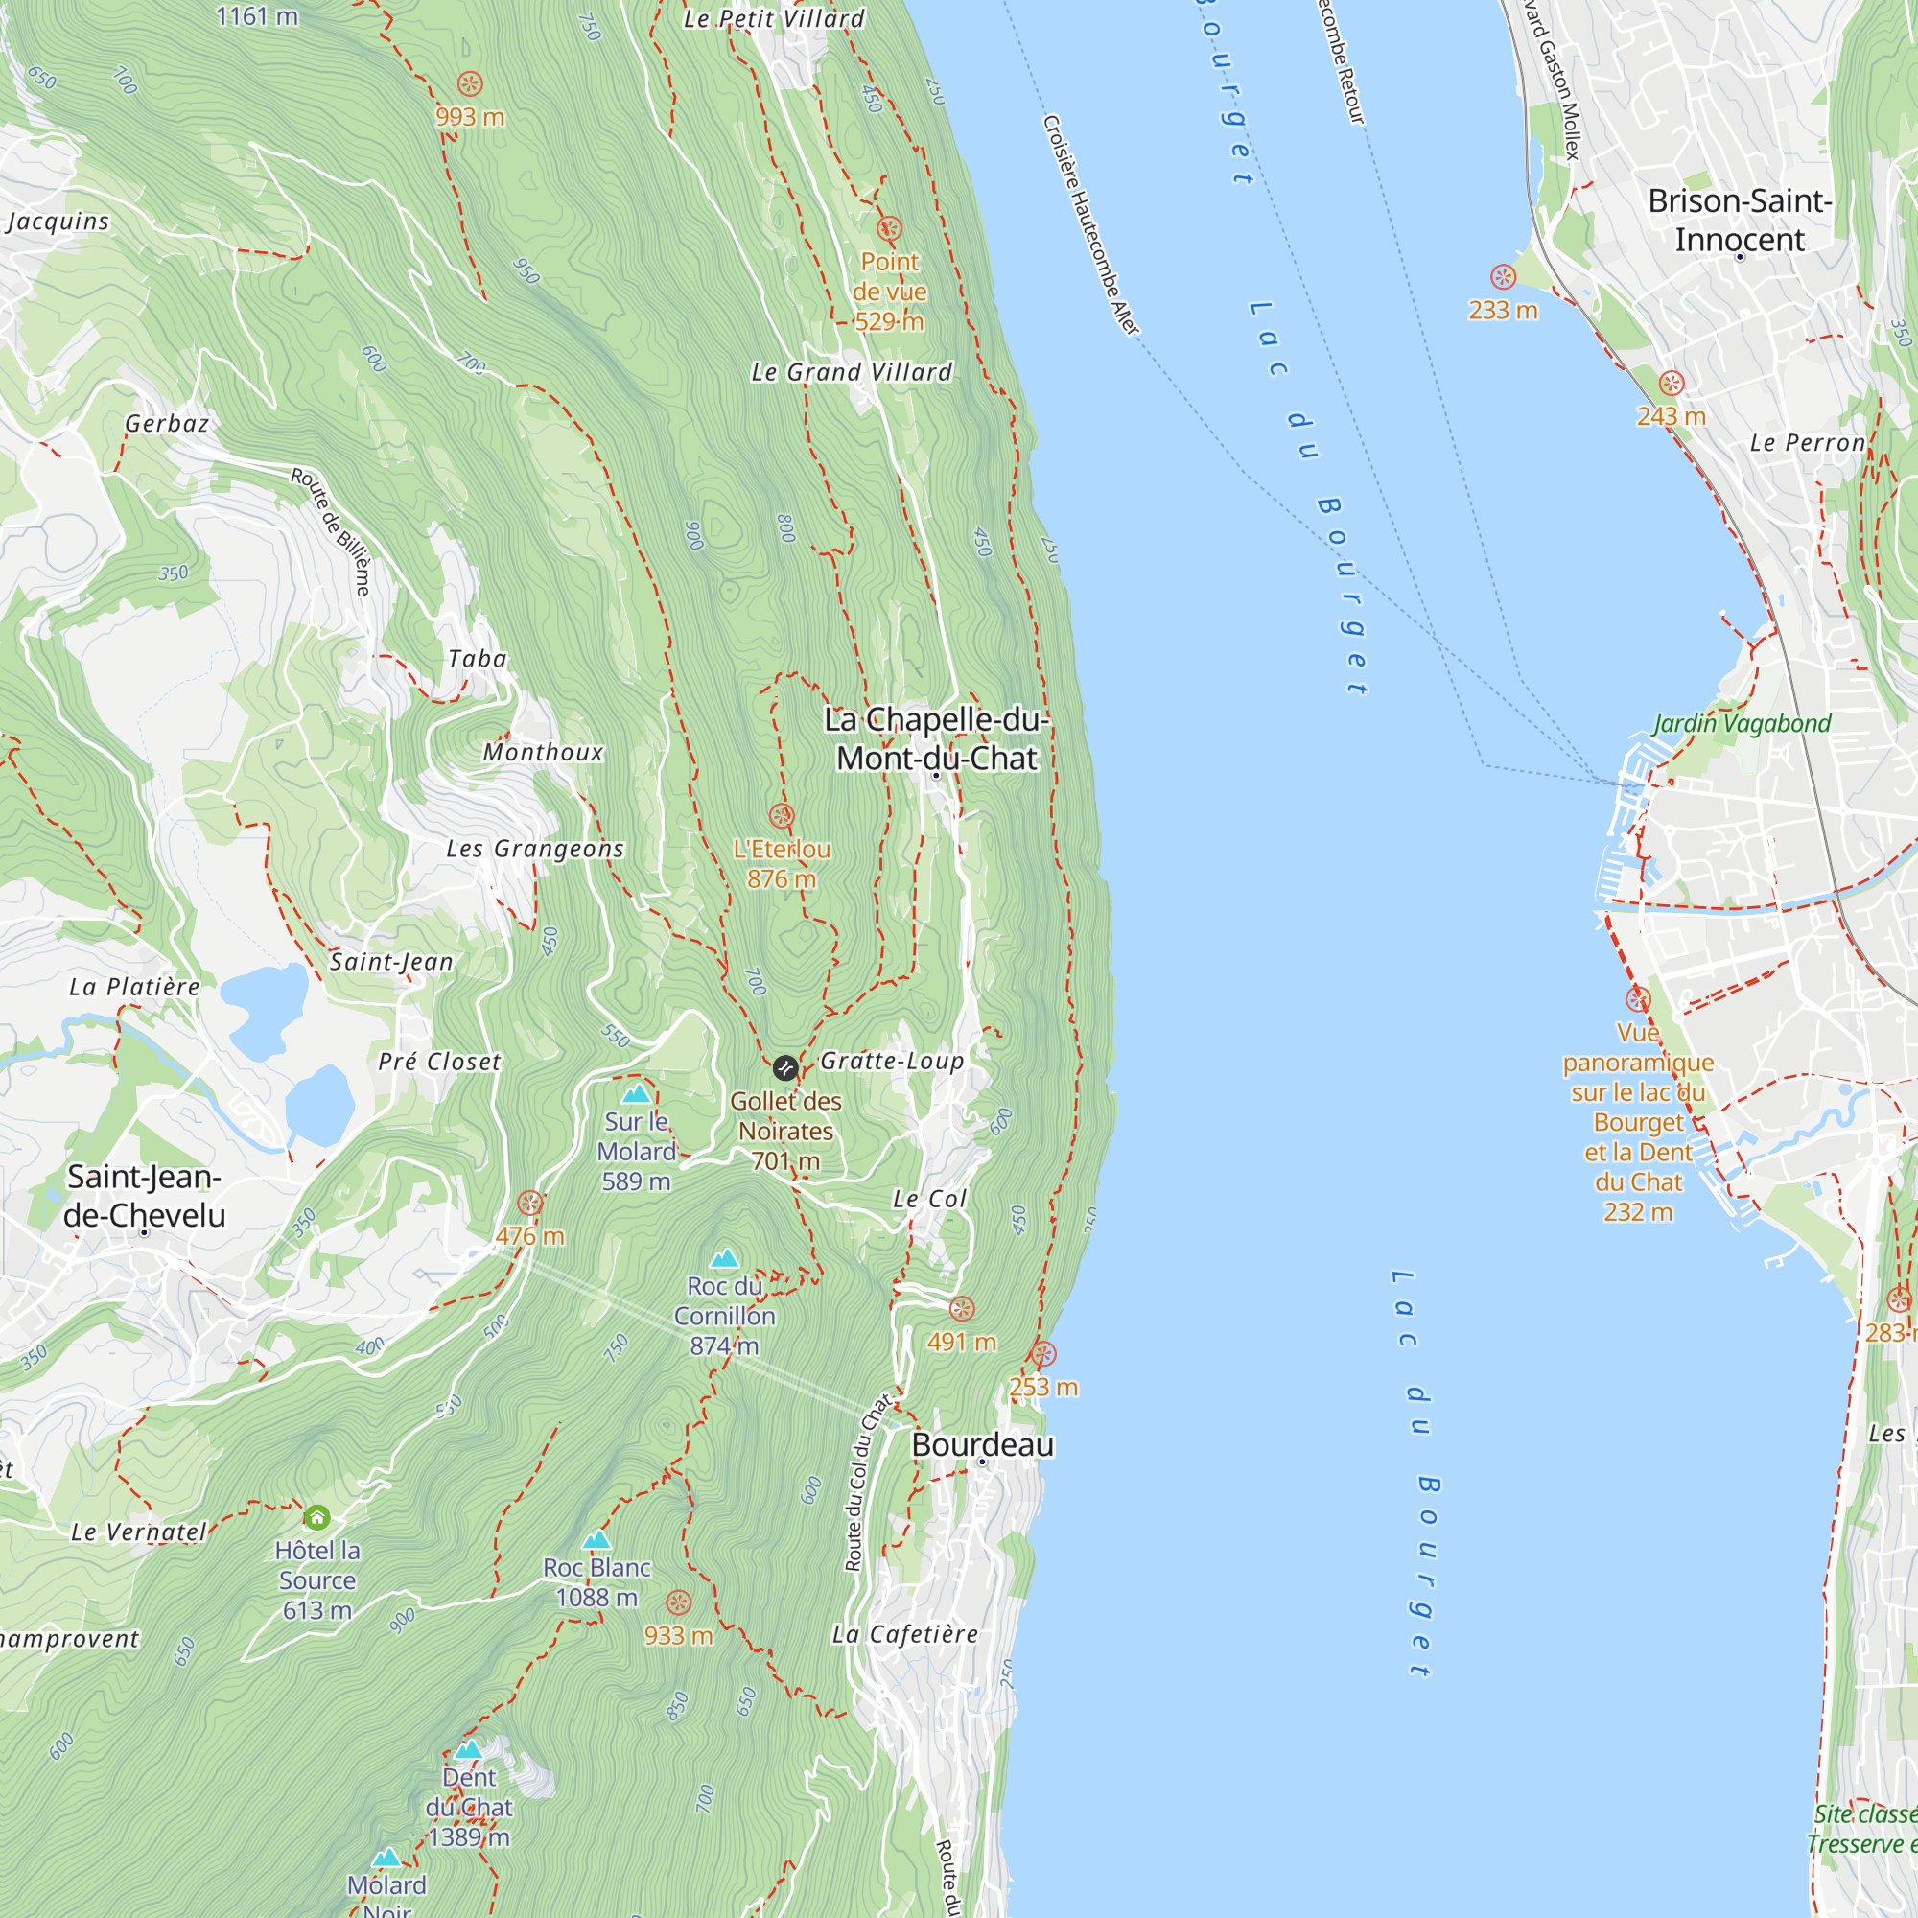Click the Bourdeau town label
pyautogui.click(x=982, y=1444)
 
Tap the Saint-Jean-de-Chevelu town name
pyautogui.click(x=144, y=1195)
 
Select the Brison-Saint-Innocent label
pyautogui.click(x=1740, y=220)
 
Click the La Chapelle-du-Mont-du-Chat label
pyautogui.click(x=936, y=738)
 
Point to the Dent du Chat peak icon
pyautogui.click(x=469, y=1749)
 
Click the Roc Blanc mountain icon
pyautogui.click(x=596, y=1540)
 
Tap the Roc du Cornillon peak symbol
pyautogui.click(x=724, y=1259)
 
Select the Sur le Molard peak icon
pyautogui.click(x=636, y=1094)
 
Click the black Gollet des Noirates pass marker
pyautogui.click(x=784, y=1068)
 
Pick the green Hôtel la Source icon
pyautogui.click(x=316, y=1517)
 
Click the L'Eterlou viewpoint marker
pyautogui.click(x=782, y=816)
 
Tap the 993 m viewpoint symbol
pyautogui.click(x=470, y=84)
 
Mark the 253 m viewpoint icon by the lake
pyautogui.click(x=1043, y=1354)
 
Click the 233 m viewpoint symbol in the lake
pyautogui.click(x=1503, y=277)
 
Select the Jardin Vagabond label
pyautogui.click(x=1742, y=723)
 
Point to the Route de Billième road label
pyautogui.click(x=332, y=532)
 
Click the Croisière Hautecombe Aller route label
pyautogui.click(x=1090, y=225)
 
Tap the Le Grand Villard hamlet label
pyautogui.click(x=851, y=372)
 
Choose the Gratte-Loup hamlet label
pyautogui.click(x=892, y=1062)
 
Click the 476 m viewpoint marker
pyautogui.click(x=530, y=1204)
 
